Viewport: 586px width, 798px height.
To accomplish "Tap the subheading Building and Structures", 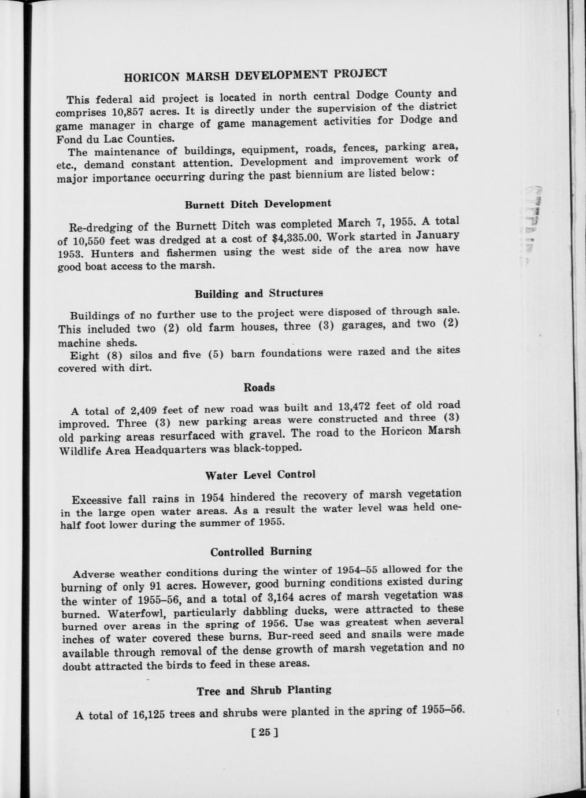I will pos(258,293).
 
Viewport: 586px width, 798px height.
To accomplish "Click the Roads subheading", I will pos(259,387).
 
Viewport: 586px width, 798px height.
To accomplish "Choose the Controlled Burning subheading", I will pos(261,552).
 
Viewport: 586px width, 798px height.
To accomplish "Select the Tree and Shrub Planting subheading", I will pos(264,690).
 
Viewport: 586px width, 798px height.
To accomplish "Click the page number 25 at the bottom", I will pos(265,733).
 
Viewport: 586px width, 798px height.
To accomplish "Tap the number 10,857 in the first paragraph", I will pos(123,112).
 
